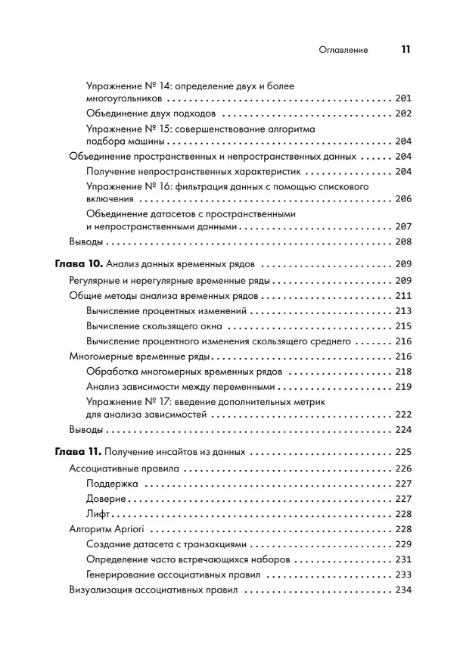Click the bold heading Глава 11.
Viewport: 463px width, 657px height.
77,453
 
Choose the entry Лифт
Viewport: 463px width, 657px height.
99,514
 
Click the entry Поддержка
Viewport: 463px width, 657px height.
112,484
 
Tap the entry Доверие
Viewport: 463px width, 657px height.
107,499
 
